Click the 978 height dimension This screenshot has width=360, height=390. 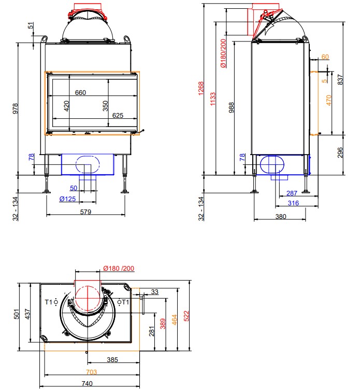(x=16, y=109)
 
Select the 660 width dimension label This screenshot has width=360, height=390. (x=80, y=93)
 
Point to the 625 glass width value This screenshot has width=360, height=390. (x=118, y=116)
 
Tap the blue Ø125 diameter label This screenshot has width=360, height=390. (x=67, y=199)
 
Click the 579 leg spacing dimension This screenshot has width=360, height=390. (x=85, y=212)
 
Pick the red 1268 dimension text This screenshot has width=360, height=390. (x=201, y=88)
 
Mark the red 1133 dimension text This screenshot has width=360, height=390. (x=213, y=99)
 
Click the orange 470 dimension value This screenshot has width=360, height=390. (x=329, y=100)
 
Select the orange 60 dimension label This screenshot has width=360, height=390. (x=325, y=57)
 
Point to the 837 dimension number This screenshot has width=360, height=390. (x=340, y=79)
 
